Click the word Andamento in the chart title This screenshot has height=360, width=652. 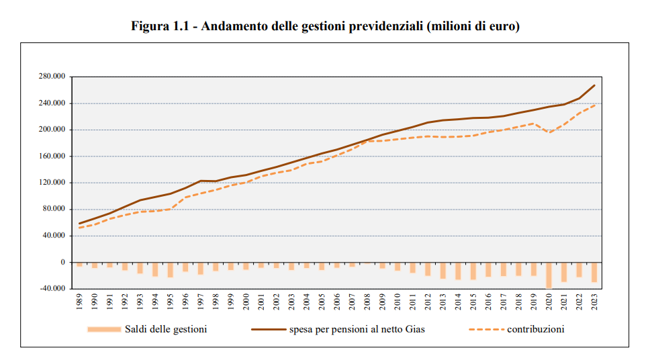232,27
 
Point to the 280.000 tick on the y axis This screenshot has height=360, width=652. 52,77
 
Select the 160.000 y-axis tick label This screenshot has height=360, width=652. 52,156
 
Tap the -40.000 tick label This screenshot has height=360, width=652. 52,289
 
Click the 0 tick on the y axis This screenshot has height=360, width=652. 62,262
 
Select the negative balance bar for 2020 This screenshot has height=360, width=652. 549,275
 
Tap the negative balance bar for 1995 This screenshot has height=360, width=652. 171,269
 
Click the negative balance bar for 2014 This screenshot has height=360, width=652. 458,271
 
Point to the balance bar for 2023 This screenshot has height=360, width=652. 594,272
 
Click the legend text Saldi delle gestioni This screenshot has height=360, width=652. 166,329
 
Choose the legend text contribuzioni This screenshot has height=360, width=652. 535,329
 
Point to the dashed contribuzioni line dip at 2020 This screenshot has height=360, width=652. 549,133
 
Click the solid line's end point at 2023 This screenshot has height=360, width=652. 594,85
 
